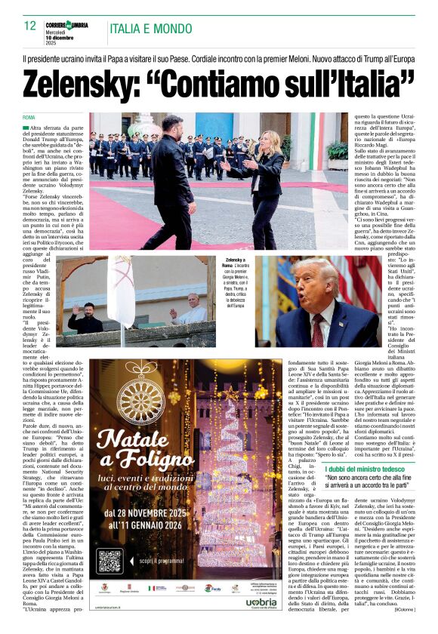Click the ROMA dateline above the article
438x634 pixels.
29,118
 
